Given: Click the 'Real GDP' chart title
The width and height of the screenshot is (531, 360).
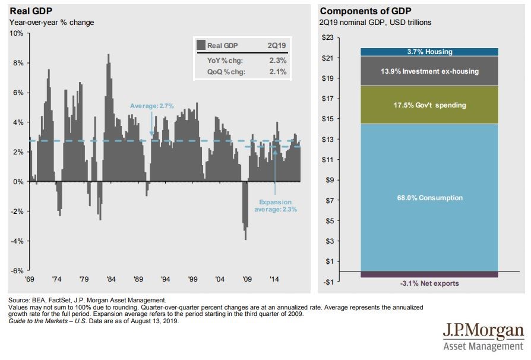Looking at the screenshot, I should (28, 11).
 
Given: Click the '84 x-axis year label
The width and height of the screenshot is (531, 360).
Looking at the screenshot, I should (110, 279).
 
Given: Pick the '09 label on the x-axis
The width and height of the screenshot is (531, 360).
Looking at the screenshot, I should (248, 279).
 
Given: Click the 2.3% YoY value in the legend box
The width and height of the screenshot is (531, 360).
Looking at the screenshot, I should (278, 59).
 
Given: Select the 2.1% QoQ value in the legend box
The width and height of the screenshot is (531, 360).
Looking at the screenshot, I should (278, 72).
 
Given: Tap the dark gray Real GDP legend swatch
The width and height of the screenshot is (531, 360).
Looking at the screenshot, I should (201, 45).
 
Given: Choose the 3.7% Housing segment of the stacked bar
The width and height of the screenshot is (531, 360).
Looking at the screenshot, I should (428, 52).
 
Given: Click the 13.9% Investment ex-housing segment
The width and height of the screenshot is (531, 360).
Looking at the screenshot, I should (428, 71).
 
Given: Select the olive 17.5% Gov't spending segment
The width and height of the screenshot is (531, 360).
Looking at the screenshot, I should (428, 105).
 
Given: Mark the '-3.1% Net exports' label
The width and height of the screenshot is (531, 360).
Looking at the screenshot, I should (429, 284).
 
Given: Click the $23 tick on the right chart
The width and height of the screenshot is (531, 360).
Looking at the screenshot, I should (327, 37).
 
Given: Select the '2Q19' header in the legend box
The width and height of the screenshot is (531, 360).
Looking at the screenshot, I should (277, 45).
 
